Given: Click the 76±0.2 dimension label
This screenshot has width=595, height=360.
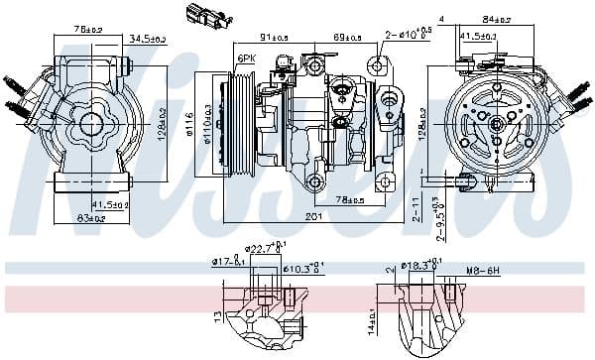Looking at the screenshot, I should (x=89, y=30).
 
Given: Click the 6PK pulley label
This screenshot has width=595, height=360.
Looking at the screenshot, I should (x=246, y=60).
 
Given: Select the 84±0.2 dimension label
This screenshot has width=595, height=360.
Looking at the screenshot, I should (x=496, y=19).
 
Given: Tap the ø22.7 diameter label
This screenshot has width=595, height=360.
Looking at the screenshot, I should (x=264, y=249).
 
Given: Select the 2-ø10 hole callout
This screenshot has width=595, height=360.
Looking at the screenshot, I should (x=408, y=35).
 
